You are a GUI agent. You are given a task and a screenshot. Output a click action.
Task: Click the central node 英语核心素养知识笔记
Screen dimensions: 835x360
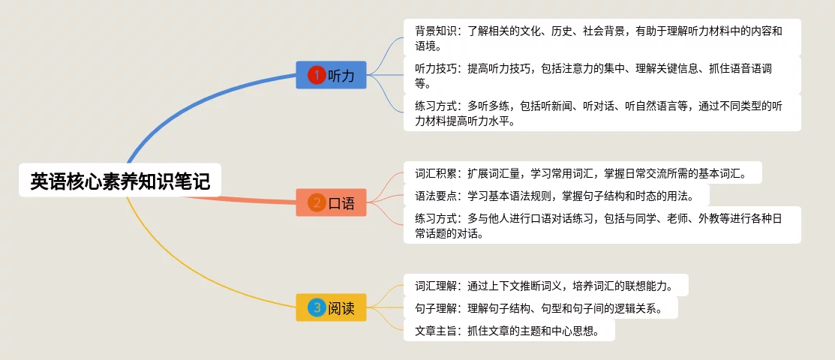pyautogui.click(x=120, y=181)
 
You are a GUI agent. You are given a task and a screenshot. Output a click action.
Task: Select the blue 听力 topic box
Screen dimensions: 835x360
pyautogui.click(x=331, y=75)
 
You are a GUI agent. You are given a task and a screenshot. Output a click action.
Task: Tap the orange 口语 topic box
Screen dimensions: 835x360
pyautogui.click(x=331, y=202)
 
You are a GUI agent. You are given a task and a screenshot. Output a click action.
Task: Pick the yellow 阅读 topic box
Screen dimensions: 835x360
pyautogui.click(x=331, y=307)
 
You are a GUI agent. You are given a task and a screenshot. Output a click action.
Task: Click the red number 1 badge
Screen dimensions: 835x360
pyautogui.click(x=317, y=75)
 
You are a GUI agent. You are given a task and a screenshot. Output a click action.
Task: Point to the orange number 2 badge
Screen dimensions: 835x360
pyautogui.click(x=317, y=202)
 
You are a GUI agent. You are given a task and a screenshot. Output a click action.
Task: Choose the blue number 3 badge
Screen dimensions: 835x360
pyautogui.click(x=317, y=307)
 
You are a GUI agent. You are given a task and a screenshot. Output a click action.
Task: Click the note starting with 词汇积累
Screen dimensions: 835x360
pyautogui.click(x=582, y=172)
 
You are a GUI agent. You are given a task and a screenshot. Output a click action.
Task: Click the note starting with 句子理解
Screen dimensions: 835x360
pyautogui.click(x=540, y=307)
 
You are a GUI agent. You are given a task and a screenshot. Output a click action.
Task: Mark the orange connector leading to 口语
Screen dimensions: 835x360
pyautogui.click(x=255, y=199)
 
